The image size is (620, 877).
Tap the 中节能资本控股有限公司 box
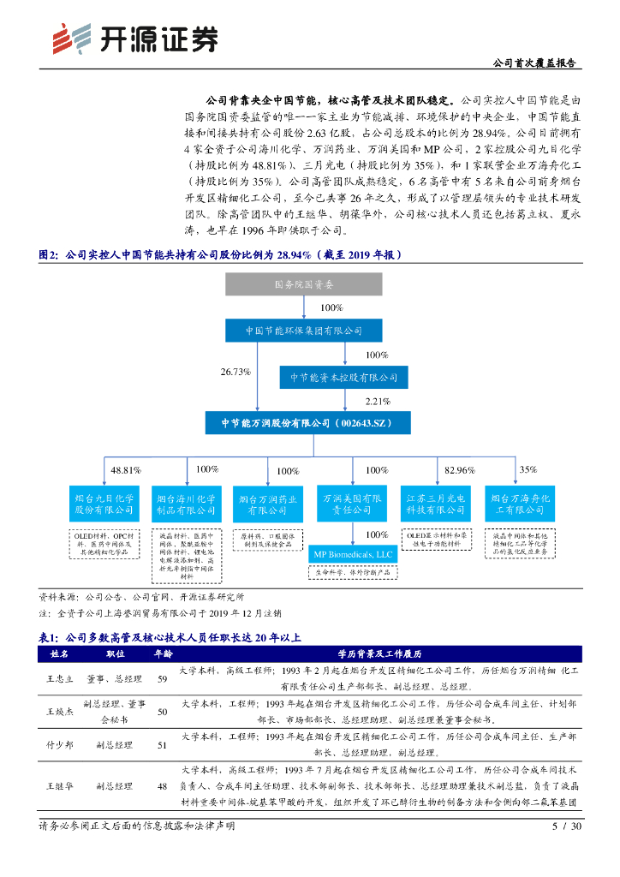[343, 376]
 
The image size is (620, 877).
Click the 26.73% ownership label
[235, 372]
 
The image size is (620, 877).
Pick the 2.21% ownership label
[378, 400]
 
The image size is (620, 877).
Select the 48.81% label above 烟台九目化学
[126, 469]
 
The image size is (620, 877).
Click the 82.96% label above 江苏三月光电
[459, 469]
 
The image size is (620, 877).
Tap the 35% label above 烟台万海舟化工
[528, 469]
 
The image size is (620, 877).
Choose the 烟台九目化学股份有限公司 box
[104, 504]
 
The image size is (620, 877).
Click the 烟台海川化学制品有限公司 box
[186, 504]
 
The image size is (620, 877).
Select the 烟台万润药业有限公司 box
[268, 504]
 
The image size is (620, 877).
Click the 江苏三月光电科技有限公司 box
[435, 504]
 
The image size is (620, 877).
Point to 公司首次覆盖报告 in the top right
[535, 63]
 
